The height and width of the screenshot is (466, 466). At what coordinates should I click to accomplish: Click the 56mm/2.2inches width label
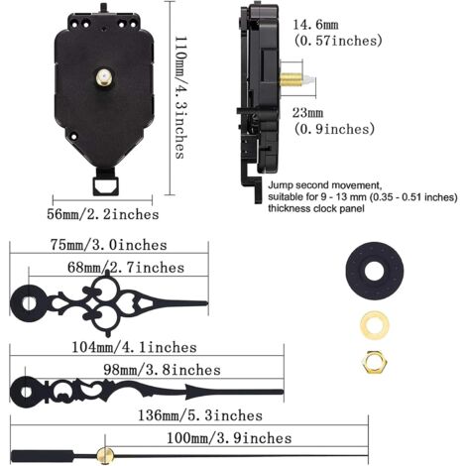(103, 214)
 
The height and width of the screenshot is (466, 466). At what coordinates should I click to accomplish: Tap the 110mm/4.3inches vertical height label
(180, 97)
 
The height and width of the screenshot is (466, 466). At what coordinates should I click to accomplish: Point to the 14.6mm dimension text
(315, 25)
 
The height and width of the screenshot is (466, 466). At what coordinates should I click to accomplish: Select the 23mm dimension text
(307, 113)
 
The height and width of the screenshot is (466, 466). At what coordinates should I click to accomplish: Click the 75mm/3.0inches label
(109, 245)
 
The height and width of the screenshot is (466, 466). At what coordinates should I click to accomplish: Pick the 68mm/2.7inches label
(126, 267)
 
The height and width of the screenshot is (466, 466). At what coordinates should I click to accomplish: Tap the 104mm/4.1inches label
(134, 347)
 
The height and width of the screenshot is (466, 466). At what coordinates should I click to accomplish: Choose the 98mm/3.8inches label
(162, 370)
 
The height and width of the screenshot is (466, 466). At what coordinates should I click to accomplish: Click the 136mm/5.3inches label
(200, 415)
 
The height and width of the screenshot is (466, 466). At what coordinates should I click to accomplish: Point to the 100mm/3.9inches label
(229, 438)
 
